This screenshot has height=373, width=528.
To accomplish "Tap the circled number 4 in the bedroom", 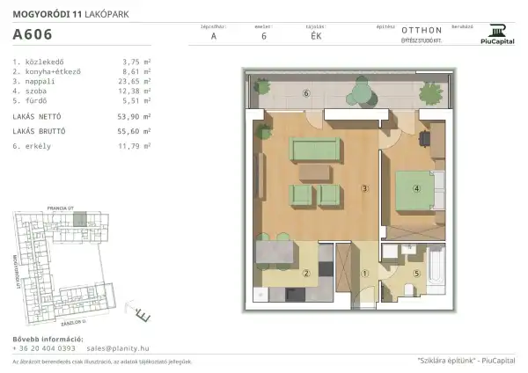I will click(x=418, y=186).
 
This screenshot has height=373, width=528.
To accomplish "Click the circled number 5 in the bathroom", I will click(x=419, y=273).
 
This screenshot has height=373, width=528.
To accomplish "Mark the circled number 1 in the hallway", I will click(x=364, y=273).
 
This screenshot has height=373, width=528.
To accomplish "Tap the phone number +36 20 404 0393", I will click(x=44, y=348).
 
